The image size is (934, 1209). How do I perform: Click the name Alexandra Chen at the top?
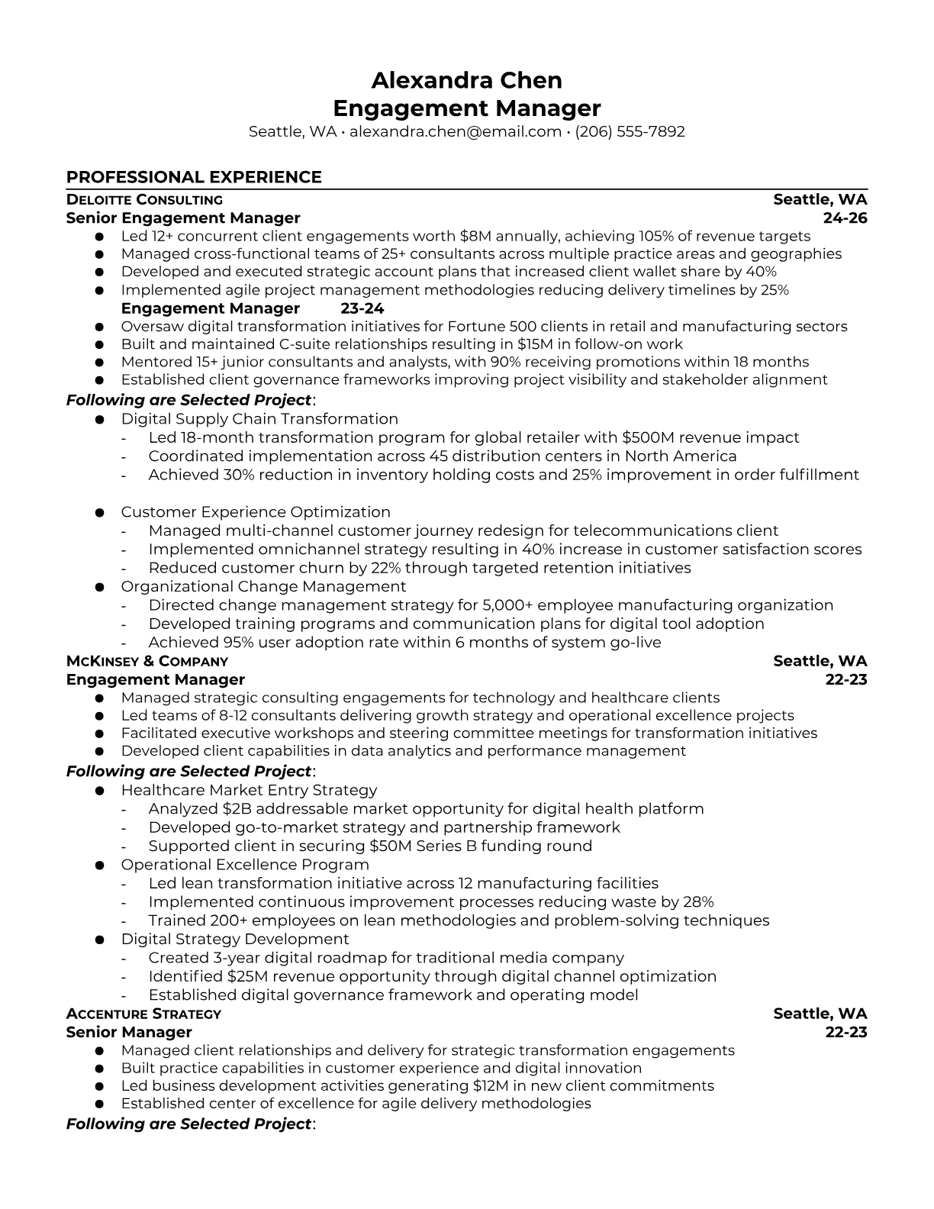click(x=466, y=80)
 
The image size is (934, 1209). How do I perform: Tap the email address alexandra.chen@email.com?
click(x=456, y=131)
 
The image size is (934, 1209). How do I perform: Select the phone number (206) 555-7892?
click(x=630, y=131)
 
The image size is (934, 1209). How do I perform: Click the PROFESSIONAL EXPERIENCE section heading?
click(x=194, y=177)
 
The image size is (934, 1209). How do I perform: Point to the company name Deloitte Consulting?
click(x=144, y=200)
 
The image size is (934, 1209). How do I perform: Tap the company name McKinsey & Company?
click(x=147, y=661)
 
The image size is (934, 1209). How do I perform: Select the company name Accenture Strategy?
click(x=143, y=1014)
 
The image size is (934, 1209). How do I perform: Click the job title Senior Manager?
click(x=129, y=1032)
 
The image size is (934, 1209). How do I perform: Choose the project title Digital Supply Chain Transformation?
click(x=259, y=419)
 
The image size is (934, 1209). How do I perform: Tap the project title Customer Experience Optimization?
click(x=256, y=512)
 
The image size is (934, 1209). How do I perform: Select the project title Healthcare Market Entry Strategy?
click(x=249, y=790)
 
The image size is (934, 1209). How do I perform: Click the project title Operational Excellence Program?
click(x=245, y=865)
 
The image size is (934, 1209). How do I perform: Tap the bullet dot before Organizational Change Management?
click(x=99, y=587)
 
